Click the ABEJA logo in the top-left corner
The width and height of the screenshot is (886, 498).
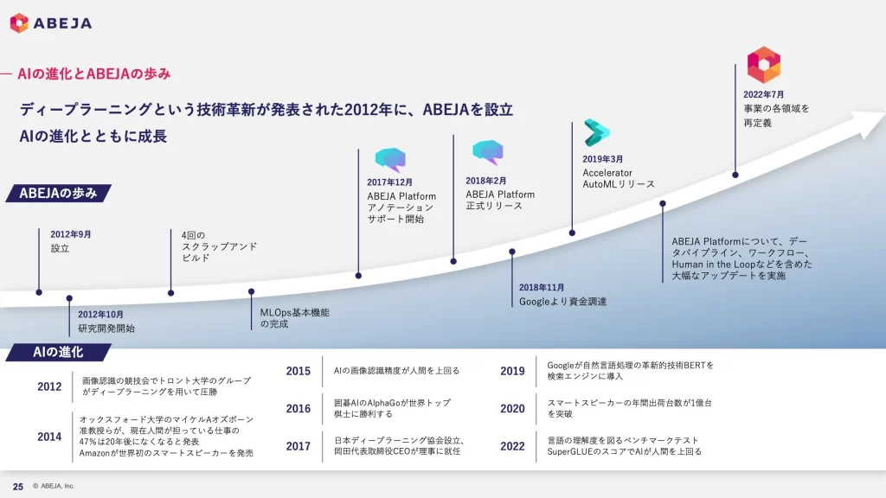pos(51,23)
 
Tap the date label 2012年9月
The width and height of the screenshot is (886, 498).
pos(71,234)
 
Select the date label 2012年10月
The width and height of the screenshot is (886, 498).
pos(100,315)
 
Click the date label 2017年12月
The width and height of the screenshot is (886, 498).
pos(390,182)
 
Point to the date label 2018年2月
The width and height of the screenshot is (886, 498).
pos(486,181)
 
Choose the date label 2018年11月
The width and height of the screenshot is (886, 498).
pos(542,287)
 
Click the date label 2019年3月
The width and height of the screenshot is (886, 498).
pos(603,159)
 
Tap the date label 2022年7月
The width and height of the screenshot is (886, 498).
pos(763,94)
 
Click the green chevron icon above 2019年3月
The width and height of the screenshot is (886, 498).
pos(597,132)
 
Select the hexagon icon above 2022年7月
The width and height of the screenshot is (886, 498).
pos(764,65)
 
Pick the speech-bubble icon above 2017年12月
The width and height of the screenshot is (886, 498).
pos(390,159)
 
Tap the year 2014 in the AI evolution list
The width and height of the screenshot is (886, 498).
pos(49,437)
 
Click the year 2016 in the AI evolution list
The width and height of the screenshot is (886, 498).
pos(299,409)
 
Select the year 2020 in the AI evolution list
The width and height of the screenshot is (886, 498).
pos(512,409)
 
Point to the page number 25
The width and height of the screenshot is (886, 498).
pos(18,487)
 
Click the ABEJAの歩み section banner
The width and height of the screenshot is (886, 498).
pos(58,193)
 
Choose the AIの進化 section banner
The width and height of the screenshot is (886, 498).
pos(58,353)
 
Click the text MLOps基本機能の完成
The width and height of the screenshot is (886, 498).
pos(294,318)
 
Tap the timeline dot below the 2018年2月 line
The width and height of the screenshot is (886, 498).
pos(453,261)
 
